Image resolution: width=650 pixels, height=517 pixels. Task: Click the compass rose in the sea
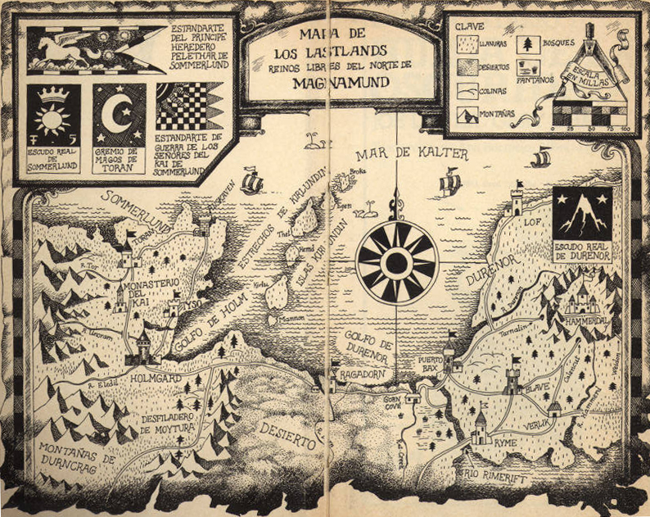[397, 262]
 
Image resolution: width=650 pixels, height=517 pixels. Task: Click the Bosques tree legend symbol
[529, 45]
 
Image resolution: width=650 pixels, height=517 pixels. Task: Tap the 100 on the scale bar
[625, 130]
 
